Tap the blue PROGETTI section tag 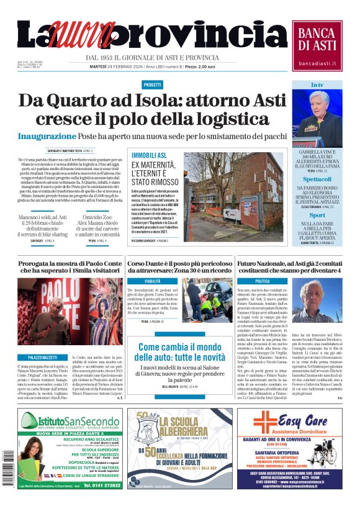point(152,85)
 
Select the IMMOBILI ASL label point(149,155)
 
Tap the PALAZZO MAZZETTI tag point(43,358)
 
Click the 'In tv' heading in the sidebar point(317,85)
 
